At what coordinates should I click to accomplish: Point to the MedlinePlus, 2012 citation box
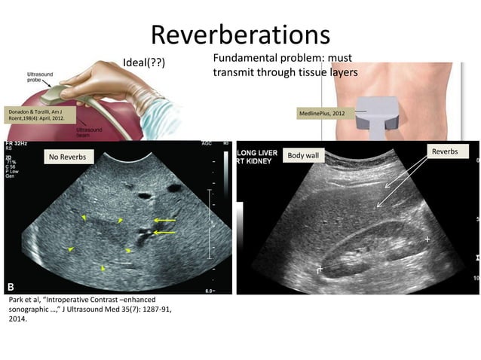coord(323,113)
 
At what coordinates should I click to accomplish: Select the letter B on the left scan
coord(12,287)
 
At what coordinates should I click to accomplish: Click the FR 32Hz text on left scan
coord(18,144)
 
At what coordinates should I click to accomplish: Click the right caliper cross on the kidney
coord(428,239)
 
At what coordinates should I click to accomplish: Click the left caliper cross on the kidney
coord(320,268)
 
